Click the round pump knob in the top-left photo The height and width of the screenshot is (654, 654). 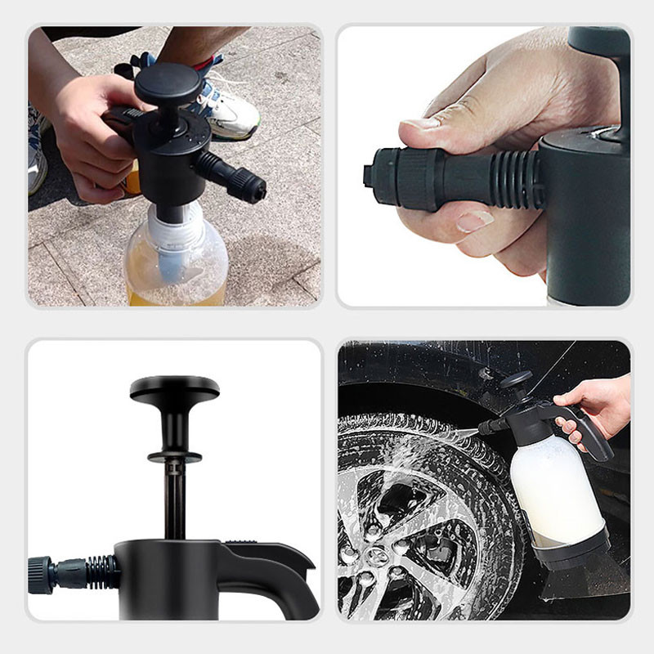pyautogui.click(x=168, y=82)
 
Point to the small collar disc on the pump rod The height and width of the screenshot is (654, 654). pyautogui.click(x=174, y=455)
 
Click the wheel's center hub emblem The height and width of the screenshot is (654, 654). pyautogui.click(x=378, y=556)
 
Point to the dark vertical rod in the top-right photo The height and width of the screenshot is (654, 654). pyautogui.click(x=619, y=90)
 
